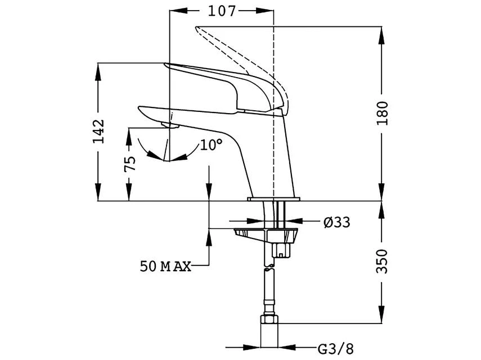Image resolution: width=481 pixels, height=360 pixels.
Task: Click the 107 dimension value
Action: point(221,11)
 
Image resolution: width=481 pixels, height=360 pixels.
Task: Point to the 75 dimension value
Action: point(130,164)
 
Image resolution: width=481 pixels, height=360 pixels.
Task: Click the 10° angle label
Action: point(211,145)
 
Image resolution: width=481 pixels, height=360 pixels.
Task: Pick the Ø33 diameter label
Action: point(336,222)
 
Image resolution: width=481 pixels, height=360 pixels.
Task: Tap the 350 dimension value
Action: point(382,262)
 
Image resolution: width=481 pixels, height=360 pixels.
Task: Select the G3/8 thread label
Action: point(336,349)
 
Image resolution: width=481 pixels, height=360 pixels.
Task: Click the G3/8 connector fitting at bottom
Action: point(269,332)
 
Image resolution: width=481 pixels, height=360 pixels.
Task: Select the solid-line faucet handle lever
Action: point(225,84)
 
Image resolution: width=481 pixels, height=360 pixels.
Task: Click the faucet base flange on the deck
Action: point(275,199)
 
